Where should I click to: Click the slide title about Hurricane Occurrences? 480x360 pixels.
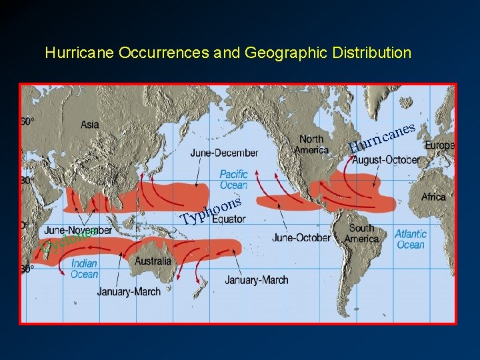pos(228,53)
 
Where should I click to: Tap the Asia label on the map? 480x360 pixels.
pos(90,124)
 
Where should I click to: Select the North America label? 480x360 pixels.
pos(311,144)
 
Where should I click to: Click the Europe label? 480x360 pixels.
pos(439,145)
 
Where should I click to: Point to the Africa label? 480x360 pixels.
pos(433,197)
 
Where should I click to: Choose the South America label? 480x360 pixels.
pos(362,233)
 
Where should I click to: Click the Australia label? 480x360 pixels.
pos(153,261)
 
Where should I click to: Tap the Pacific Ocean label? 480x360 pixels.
pos(233,179)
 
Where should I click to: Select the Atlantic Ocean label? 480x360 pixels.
pos(410,239)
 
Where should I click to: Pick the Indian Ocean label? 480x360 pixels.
pos(84,269)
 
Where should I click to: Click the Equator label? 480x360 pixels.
pos(229,219)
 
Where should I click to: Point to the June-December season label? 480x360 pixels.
pos(224,153)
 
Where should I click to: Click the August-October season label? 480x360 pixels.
pos(386,160)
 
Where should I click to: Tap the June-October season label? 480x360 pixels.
pos(301,237)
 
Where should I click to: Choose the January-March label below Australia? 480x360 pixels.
pos(129,291)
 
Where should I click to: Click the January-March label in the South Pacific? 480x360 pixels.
pos(257,280)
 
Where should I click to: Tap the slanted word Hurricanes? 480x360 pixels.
pos(383,136)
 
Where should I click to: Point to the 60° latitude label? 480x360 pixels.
pos(27,121)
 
